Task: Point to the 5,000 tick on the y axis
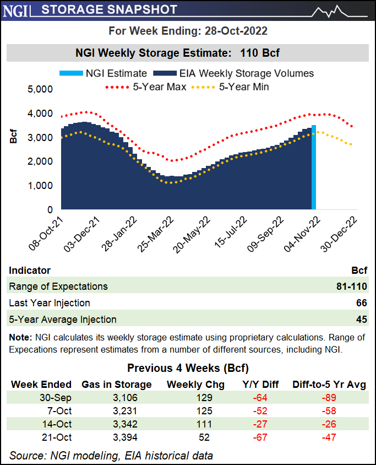pyautogui.click(x=40, y=89)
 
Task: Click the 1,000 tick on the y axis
pyautogui.click(x=40, y=186)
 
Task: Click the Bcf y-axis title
pyautogui.click(x=13, y=137)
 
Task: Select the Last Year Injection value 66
pyautogui.click(x=361, y=303)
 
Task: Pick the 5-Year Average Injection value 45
pyautogui.click(x=361, y=320)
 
